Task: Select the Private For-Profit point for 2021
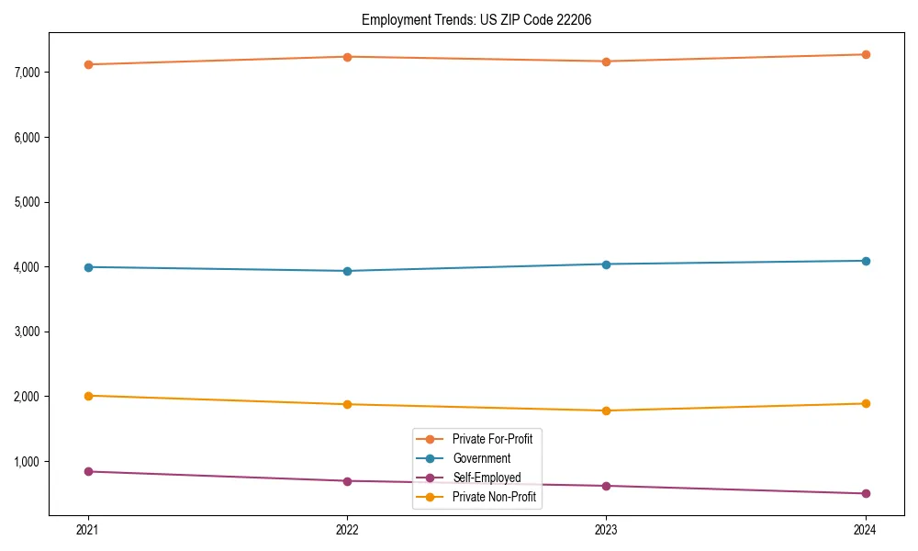[88, 64]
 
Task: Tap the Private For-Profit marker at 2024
[866, 54]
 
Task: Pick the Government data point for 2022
[347, 271]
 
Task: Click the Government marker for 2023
[606, 264]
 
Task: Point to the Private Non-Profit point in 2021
[88, 396]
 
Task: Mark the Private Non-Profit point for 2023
[606, 410]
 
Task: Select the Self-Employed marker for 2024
[866, 494]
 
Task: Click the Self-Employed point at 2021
[88, 471]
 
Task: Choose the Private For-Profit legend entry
[492, 439]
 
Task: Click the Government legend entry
[481, 458]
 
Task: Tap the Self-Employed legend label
[487, 478]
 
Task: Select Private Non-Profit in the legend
[494, 497]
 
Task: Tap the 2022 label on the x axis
[347, 529]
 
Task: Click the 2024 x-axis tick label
[866, 529]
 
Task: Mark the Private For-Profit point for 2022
[347, 57]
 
